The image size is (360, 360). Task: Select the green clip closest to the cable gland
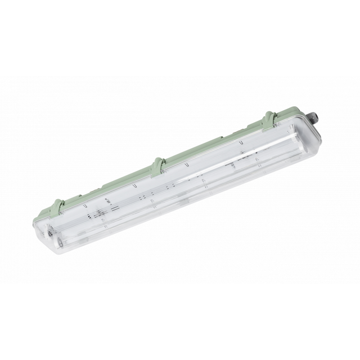269,120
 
